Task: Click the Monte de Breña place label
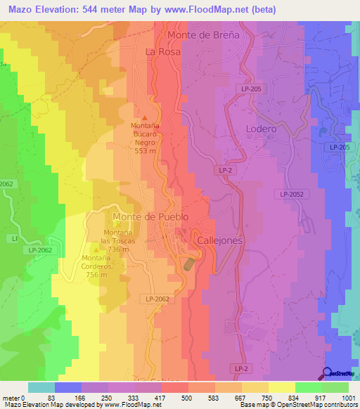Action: pyautogui.click(x=213, y=34)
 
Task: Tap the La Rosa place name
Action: pyautogui.click(x=162, y=52)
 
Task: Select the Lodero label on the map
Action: pyautogui.click(x=261, y=129)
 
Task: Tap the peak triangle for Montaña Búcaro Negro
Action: pyautogui.click(x=146, y=117)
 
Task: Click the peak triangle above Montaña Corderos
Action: pyautogui.click(x=96, y=248)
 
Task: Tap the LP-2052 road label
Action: pyautogui.click(x=295, y=194)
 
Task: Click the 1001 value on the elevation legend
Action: pyautogui.click(x=348, y=398)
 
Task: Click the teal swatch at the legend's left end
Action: pyautogui.click(x=41, y=387)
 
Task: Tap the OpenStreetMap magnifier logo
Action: pyautogui.click(x=328, y=374)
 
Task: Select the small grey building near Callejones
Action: pyautogui.click(x=189, y=264)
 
